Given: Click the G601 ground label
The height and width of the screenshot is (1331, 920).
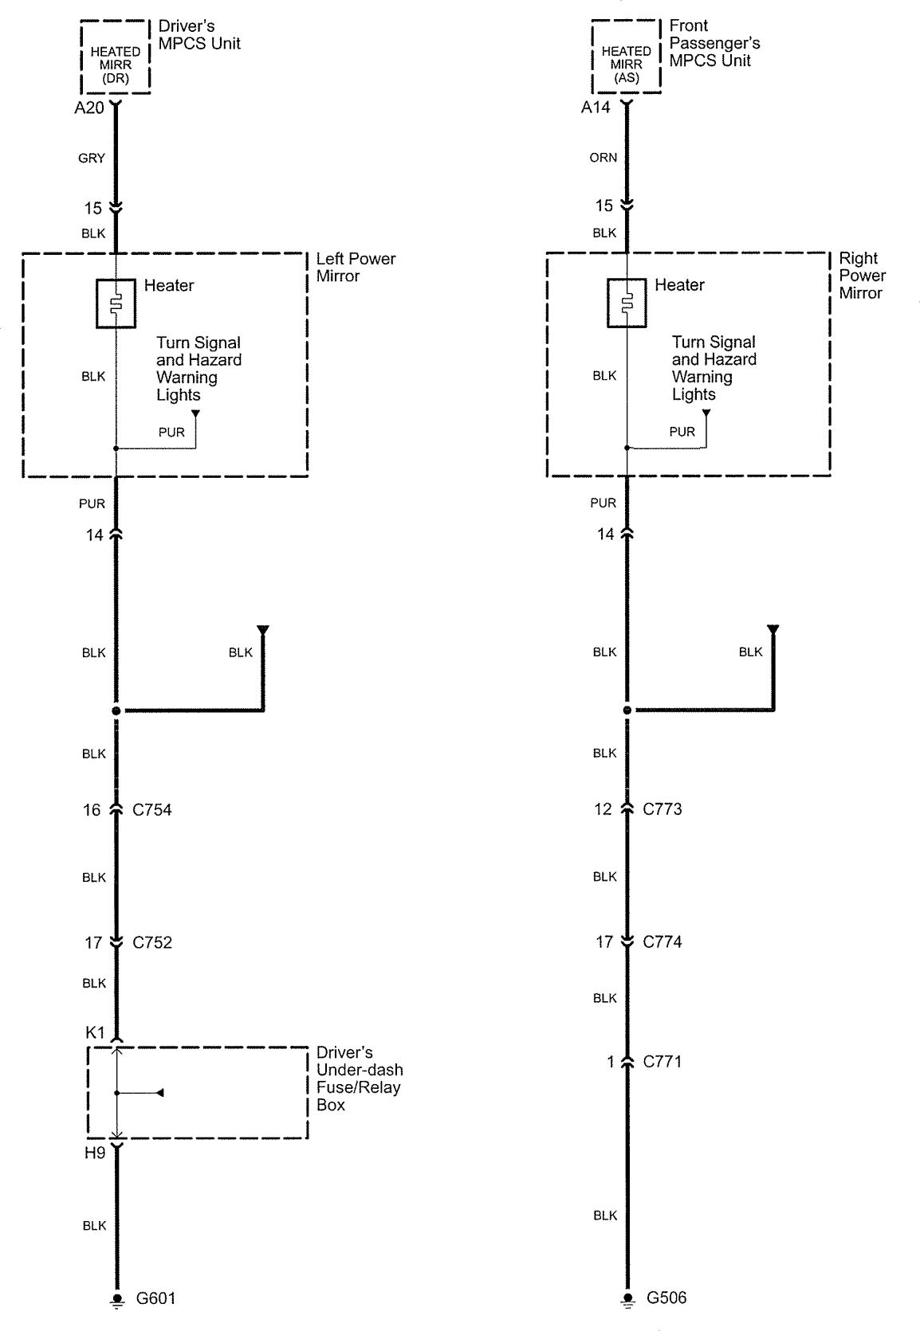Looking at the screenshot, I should coord(156,1298).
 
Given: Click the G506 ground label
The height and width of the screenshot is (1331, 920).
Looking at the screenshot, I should coord(666,1298).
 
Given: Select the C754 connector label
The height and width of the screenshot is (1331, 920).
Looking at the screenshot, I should coord(151,810).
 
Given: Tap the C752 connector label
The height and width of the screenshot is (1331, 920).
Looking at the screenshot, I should coord(151,942).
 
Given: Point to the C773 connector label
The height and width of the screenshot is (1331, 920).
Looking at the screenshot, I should coord(662,809).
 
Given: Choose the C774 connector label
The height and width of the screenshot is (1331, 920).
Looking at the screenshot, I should coord(662,941).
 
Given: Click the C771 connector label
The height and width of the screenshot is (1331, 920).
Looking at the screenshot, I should coord(662,1061).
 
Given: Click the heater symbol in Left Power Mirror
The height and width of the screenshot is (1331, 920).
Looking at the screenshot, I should coord(116,303).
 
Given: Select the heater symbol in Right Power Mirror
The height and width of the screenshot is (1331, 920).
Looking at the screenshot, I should coord(627,302).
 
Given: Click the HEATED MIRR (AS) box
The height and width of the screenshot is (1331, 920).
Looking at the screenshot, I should coord(626,57).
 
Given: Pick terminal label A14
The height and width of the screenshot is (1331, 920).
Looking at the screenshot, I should coord(596,108).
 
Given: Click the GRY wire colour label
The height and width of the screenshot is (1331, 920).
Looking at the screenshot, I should coord(92,159).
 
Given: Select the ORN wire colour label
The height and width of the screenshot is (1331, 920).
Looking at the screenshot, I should coord(604,158).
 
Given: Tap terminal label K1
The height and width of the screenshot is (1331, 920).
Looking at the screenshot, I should coord(95,1033).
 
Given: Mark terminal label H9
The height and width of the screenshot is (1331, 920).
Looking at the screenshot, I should coord(95,1153).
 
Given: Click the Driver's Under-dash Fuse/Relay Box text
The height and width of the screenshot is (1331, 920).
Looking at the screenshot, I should coord(359,1079).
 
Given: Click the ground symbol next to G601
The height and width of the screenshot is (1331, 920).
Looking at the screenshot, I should coord(117,1300).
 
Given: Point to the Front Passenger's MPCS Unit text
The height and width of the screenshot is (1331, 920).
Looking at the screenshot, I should coord(714,43).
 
